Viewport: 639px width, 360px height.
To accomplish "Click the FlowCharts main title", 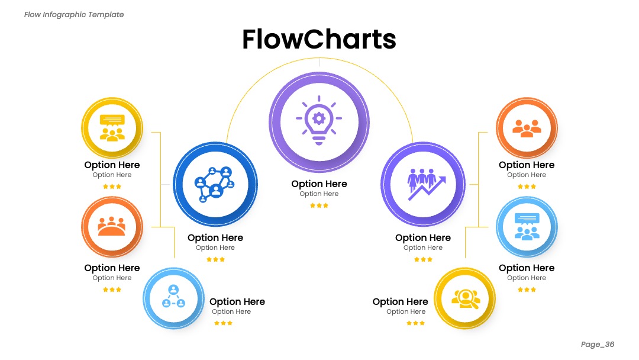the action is (319, 39).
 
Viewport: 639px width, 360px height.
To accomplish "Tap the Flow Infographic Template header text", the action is (74, 15).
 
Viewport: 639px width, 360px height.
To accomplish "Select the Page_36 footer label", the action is (598, 344).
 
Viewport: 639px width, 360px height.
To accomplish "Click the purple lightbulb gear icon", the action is (319, 120).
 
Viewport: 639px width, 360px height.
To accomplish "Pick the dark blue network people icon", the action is (215, 184).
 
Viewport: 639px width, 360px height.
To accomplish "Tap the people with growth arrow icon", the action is (427, 184).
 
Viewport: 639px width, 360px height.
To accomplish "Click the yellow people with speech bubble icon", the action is (112, 128).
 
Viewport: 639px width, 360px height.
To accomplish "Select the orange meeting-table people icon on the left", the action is (112, 227).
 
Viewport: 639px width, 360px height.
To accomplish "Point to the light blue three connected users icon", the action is (173, 296).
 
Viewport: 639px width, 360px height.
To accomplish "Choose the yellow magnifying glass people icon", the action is (466, 299).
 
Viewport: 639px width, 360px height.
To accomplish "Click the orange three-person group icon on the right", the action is (527, 128).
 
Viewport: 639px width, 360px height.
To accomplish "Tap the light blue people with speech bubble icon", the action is (527, 226).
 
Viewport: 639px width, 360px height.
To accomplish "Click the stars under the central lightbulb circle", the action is (319, 205).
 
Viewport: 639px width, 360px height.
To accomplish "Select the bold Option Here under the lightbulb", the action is (319, 184).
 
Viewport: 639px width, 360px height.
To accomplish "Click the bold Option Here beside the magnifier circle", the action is (400, 302).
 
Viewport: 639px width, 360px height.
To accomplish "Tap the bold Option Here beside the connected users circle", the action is (237, 302).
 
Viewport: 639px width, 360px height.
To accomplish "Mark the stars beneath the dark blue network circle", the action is (215, 259).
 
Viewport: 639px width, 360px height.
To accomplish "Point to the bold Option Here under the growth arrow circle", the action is (423, 237).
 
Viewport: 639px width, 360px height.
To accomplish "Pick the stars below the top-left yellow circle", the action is (112, 187).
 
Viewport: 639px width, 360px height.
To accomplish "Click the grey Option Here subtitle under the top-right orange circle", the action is (527, 175).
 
